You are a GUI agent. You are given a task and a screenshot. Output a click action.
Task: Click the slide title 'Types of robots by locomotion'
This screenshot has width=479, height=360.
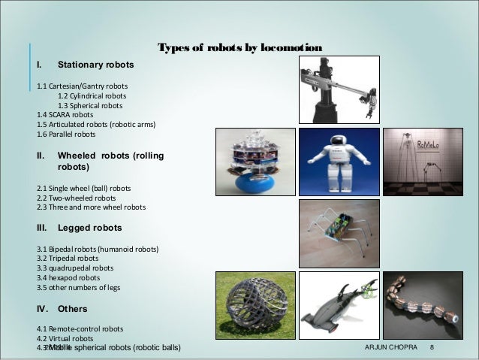(239, 49)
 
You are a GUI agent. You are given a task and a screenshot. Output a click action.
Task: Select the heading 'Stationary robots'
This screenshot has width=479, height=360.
(95, 65)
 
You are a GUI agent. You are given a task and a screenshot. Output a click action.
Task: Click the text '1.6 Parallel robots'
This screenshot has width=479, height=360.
(66, 135)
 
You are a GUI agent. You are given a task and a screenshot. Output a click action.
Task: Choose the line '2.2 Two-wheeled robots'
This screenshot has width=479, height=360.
(80, 197)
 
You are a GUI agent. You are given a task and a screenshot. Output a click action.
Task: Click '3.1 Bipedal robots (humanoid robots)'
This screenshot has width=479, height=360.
(97, 249)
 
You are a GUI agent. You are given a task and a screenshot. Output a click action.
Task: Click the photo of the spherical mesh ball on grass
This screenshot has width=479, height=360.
(255, 306)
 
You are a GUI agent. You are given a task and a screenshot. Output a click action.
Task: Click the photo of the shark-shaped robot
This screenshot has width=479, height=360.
(338, 306)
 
